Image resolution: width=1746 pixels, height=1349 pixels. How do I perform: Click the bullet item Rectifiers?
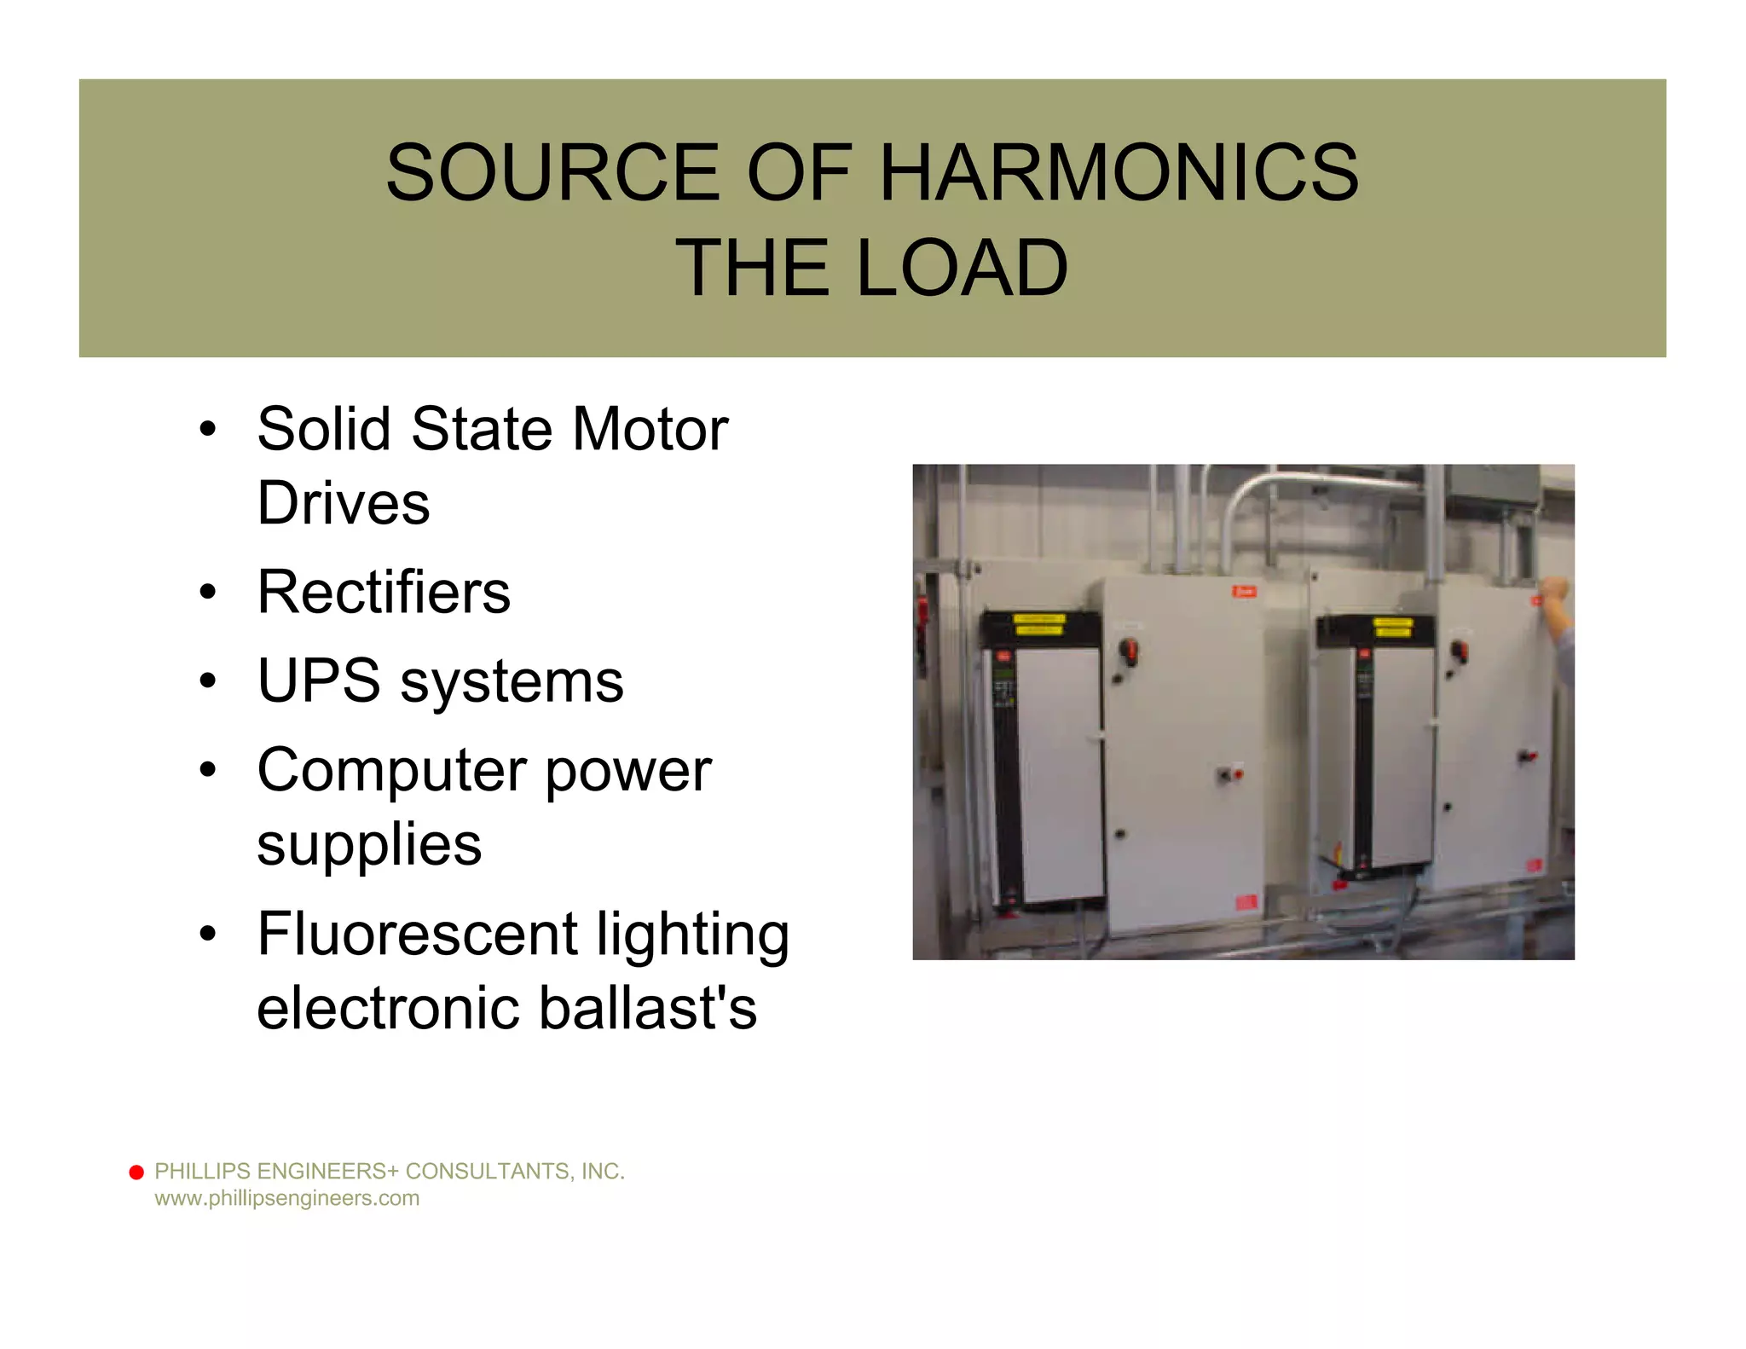click(x=384, y=592)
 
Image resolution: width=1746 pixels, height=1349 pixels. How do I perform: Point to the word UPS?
click(x=319, y=681)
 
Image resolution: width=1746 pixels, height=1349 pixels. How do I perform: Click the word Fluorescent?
click(x=417, y=934)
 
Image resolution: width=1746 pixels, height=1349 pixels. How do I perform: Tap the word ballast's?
click(x=647, y=1008)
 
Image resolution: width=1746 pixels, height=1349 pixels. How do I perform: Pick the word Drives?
click(x=344, y=503)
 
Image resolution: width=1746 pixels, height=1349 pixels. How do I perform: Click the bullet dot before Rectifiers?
click(x=208, y=592)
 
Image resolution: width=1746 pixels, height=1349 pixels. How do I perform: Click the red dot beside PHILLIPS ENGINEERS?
click(x=136, y=1172)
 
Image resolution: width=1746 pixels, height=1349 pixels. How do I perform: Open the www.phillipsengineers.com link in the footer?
click(x=286, y=1198)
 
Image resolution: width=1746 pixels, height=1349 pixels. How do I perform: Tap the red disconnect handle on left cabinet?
click(x=1130, y=651)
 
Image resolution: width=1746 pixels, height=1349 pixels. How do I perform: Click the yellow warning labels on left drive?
click(x=1038, y=625)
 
